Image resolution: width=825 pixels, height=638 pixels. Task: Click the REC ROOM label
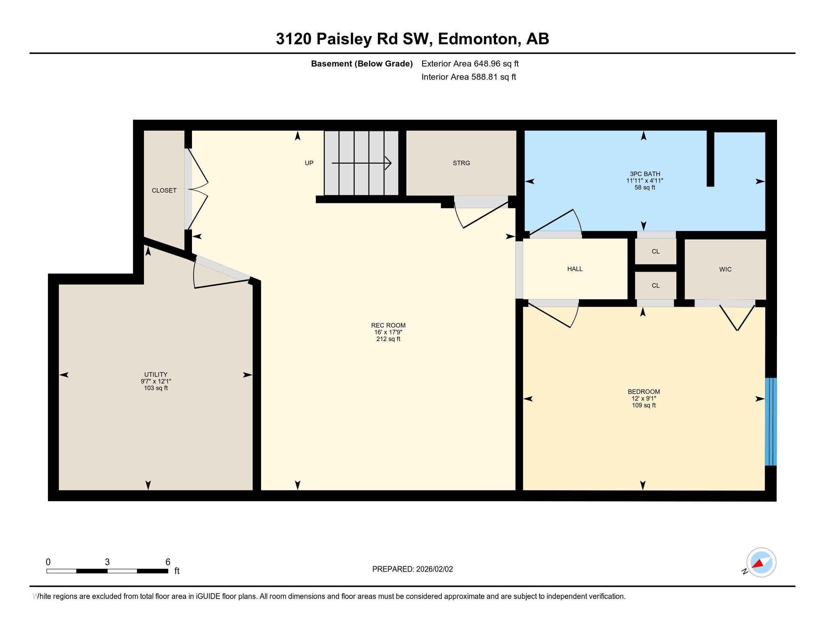(x=388, y=325)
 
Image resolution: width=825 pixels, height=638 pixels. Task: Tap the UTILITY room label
(x=156, y=375)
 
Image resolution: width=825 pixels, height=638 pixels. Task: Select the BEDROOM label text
(x=643, y=391)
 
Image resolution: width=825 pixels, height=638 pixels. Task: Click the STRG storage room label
(x=461, y=163)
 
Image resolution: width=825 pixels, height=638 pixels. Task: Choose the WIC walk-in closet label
(x=725, y=269)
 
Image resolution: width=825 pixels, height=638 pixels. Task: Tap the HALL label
(x=575, y=269)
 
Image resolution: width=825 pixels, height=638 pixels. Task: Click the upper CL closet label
(x=655, y=251)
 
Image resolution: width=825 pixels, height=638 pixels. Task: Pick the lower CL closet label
(x=655, y=285)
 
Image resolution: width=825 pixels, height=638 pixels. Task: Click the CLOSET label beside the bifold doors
(x=164, y=191)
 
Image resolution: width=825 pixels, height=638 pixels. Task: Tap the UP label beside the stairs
(x=309, y=163)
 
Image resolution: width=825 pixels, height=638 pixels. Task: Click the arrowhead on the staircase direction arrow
(x=388, y=163)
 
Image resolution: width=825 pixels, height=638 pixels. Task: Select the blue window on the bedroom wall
(x=771, y=421)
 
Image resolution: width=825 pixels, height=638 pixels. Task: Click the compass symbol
(x=761, y=562)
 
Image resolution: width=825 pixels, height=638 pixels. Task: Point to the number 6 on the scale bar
(x=168, y=562)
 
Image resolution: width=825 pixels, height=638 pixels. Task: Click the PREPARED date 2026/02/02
(x=434, y=569)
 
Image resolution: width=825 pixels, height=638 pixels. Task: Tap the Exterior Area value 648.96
(x=487, y=63)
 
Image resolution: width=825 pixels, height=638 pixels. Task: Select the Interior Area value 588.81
(x=484, y=77)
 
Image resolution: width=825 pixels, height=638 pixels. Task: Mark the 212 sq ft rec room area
(x=388, y=339)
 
